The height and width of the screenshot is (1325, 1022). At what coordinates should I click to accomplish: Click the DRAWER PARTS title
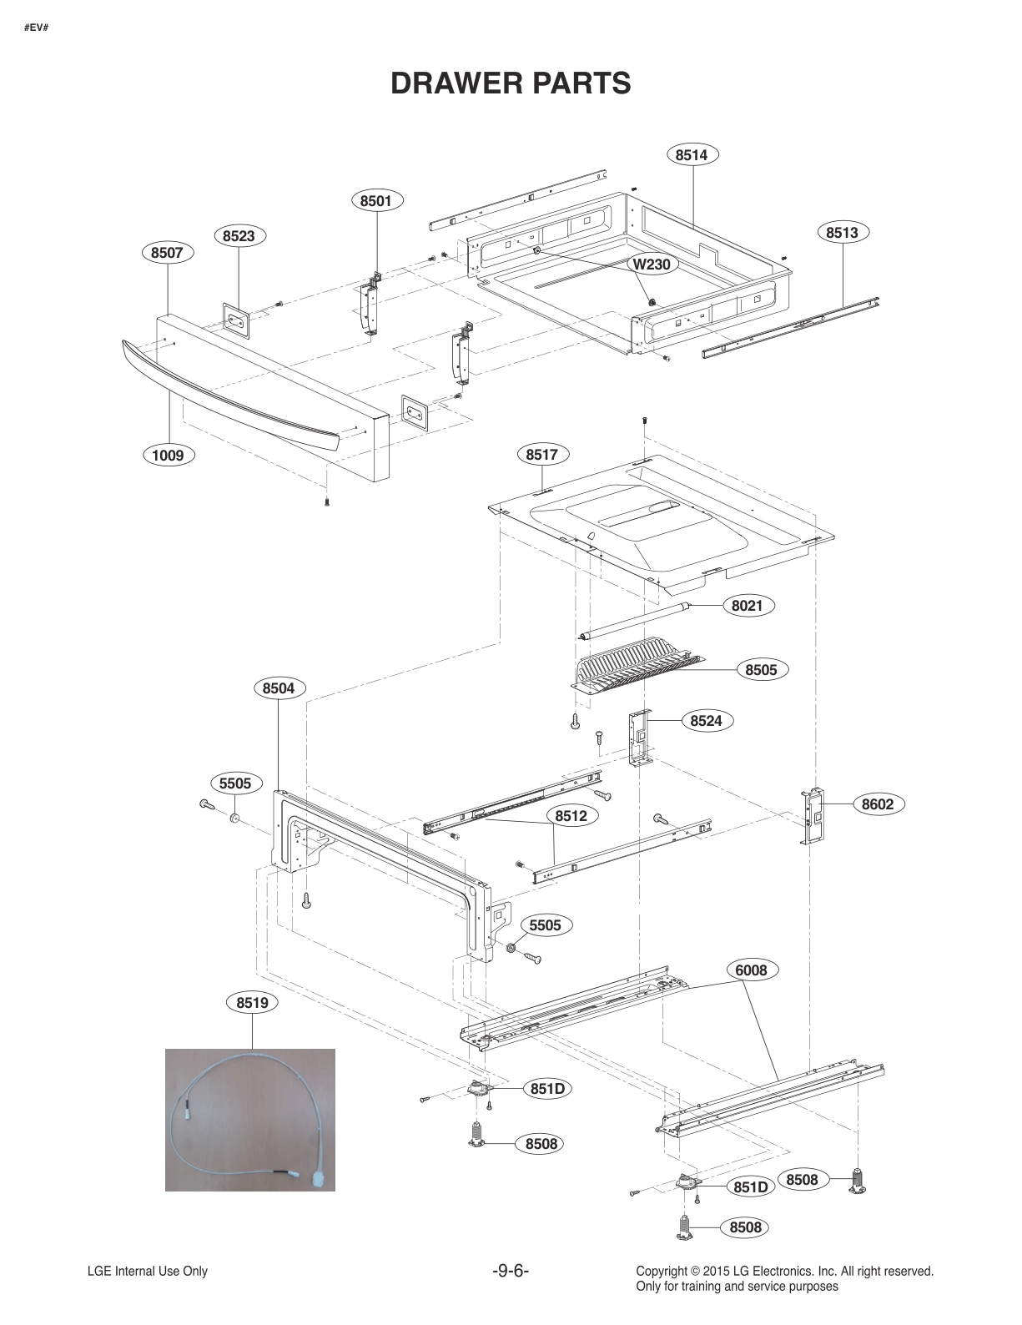[511, 83]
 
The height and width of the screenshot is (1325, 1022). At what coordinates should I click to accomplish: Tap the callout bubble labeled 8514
[692, 154]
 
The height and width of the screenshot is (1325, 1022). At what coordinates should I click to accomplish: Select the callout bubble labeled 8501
[376, 200]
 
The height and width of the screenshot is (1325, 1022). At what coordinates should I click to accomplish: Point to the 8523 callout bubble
[239, 236]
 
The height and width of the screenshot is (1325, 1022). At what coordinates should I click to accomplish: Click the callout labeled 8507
[168, 252]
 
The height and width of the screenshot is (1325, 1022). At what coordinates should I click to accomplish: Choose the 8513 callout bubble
[842, 233]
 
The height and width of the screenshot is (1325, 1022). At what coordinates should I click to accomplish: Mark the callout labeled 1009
[168, 455]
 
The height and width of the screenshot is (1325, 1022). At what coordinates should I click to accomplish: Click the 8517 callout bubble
[542, 455]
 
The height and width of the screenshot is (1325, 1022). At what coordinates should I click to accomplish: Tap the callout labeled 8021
[747, 606]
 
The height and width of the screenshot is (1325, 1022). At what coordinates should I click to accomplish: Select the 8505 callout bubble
[761, 669]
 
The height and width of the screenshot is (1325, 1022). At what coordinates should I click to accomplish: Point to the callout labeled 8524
[706, 720]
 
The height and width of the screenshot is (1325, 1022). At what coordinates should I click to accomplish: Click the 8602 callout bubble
[878, 804]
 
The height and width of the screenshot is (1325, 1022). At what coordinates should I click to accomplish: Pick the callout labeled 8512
[571, 816]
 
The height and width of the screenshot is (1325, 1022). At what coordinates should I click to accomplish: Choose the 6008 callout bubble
[751, 970]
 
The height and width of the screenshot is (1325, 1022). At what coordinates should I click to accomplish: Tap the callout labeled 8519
[252, 1002]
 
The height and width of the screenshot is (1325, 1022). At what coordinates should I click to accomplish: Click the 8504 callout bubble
[279, 688]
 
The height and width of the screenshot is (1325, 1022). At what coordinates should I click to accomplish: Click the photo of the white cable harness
[250, 1119]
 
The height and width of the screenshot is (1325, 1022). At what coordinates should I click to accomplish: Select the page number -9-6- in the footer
[511, 1272]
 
